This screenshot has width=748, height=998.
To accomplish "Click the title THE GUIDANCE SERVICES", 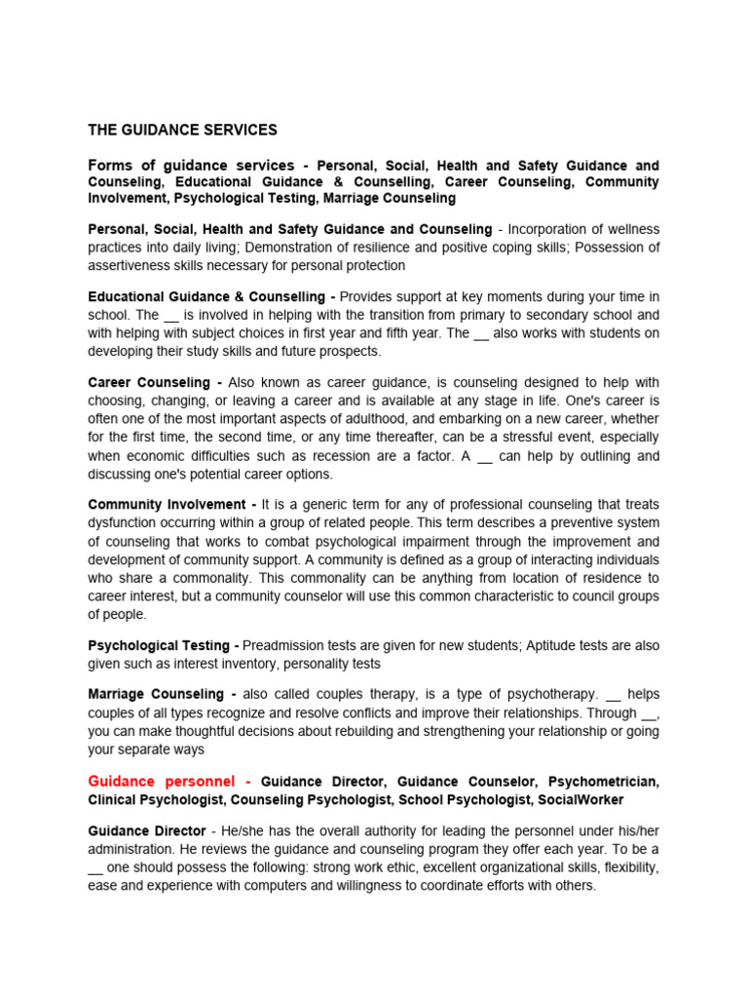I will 182,130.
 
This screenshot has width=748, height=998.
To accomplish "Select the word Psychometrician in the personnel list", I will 604,782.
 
